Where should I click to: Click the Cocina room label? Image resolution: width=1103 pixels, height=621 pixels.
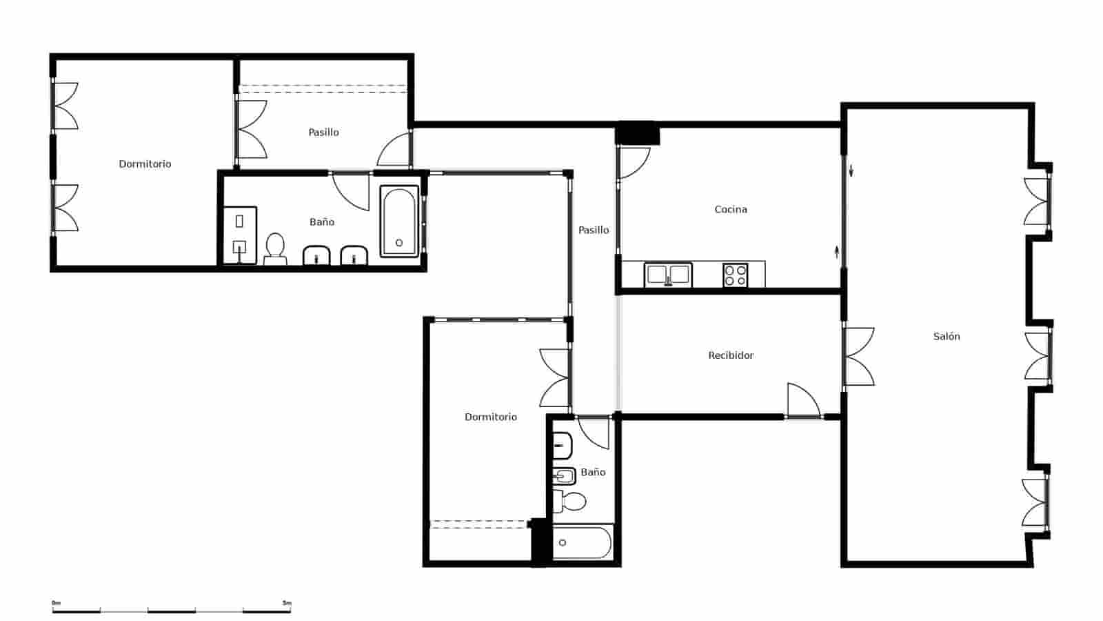click(730, 209)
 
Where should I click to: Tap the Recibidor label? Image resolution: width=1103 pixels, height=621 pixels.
click(731, 355)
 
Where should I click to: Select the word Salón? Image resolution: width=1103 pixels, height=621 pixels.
click(947, 337)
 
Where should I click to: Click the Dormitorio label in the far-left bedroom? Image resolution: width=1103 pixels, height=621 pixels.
click(145, 164)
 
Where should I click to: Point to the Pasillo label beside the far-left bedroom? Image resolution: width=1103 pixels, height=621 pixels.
click(323, 132)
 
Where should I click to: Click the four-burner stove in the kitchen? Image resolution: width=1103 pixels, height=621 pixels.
click(736, 275)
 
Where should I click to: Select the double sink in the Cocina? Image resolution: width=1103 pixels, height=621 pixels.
click(667, 275)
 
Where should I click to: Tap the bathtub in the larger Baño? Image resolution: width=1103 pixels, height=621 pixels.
click(399, 221)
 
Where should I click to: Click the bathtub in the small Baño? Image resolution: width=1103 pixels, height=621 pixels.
click(582, 543)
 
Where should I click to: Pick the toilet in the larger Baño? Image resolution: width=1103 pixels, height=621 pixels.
click(275, 248)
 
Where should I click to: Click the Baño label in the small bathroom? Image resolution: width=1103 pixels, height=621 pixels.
click(593, 473)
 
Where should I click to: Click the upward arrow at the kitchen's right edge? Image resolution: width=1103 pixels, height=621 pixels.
click(837, 251)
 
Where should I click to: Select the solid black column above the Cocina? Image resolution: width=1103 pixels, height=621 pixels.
click(638, 133)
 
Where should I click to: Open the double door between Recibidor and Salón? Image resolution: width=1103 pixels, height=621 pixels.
click(858, 356)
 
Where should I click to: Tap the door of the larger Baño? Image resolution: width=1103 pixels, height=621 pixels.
click(352, 190)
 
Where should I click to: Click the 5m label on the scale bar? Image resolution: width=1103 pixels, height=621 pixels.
click(287, 603)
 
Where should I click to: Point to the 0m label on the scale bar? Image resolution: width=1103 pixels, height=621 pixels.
click(57, 603)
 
